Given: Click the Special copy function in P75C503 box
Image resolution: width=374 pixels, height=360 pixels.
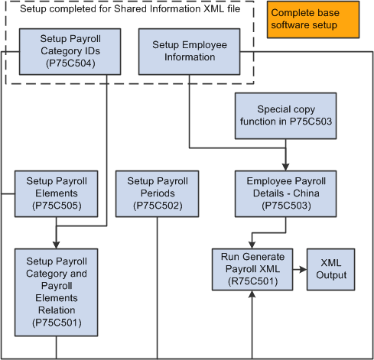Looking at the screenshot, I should click(x=286, y=116).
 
